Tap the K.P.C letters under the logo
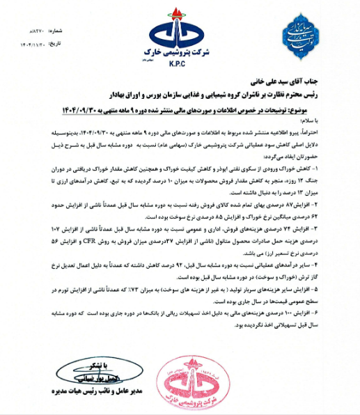click(179, 61)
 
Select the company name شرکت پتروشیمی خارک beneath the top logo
click(179, 53)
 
